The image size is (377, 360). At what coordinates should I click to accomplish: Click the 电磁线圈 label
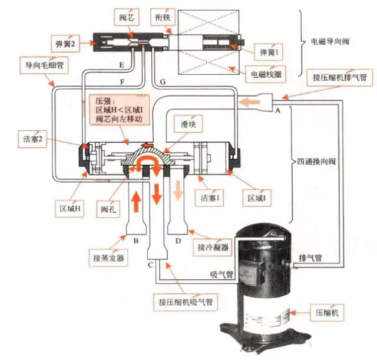(263, 75)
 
